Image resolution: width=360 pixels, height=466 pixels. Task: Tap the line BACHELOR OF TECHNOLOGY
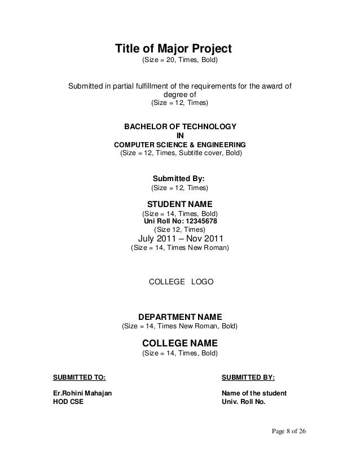pyautogui.click(x=180, y=126)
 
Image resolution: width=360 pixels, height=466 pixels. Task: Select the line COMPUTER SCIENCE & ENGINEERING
pyautogui.click(x=180, y=144)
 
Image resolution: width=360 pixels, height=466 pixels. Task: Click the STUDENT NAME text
pyautogui.click(x=179, y=204)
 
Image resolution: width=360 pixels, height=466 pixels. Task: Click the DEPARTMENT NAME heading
pyautogui.click(x=180, y=316)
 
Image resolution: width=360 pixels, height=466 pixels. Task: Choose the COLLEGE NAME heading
pyautogui.click(x=179, y=343)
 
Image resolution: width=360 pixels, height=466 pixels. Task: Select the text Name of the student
pyautogui.click(x=254, y=393)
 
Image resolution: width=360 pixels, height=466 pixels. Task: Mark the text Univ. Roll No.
pyautogui.click(x=244, y=403)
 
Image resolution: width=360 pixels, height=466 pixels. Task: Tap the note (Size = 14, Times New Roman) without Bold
pyautogui.click(x=179, y=248)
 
